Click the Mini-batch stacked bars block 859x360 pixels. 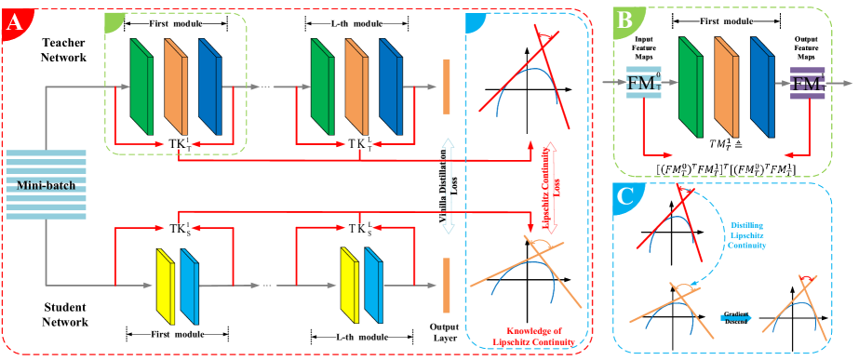[46, 184]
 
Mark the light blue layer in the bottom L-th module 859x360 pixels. [372, 282]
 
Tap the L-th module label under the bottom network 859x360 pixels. [360, 336]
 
